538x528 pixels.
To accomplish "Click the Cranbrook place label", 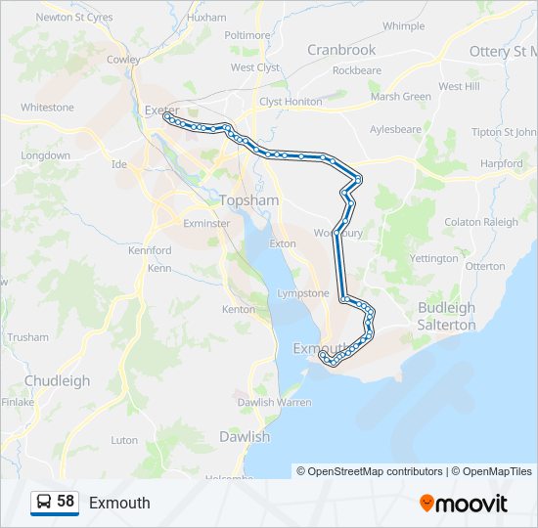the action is (x=341, y=50).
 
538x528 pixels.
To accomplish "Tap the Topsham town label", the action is (x=249, y=200).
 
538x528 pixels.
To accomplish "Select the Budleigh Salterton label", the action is (x=446, y=316).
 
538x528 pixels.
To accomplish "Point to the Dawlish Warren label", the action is (x=274, y=402).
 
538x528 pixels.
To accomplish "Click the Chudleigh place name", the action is (x=57, y=381).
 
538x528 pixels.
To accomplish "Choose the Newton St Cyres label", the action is (x=74, y=17).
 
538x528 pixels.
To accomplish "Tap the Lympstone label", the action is (x=303, y=293).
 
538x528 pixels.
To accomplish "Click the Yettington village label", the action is (x=434, y=259).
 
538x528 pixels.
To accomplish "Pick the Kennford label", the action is (x=150, y=251).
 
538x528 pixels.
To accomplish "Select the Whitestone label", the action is (x=47, y=108).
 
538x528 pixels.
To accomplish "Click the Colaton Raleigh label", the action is (x=481, y=222).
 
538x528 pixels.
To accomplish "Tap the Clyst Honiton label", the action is (x=291, y=102).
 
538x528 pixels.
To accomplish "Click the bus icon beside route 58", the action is (x=44, y=502).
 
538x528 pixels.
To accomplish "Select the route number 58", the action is (x=66, y=502).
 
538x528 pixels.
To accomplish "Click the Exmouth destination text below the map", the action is (x=119, y=503).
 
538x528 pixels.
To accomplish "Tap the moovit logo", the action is (x=464, y=504).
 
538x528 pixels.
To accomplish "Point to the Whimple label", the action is (x=404, y=26).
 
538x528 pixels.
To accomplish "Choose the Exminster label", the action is (x=206, y=223).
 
